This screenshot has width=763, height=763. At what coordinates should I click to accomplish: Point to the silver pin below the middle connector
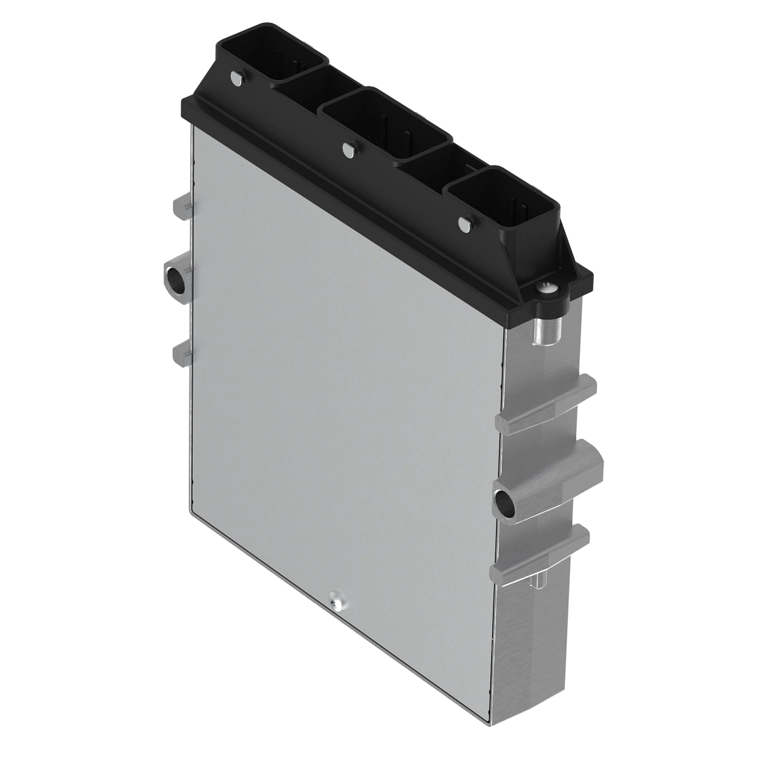point(347,149)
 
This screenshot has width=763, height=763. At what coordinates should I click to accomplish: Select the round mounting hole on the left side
point(174,277)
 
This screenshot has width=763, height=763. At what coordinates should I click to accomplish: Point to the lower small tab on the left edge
point(181,351)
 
